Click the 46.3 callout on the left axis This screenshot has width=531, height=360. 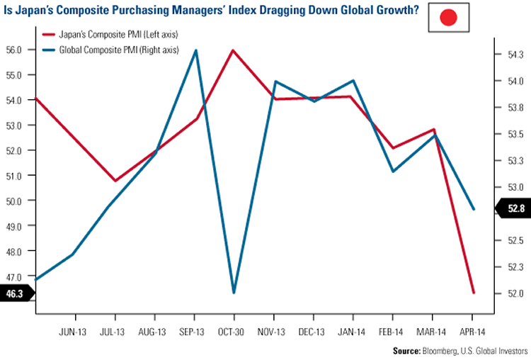point(15,292)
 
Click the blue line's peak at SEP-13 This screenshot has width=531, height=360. point(195,50)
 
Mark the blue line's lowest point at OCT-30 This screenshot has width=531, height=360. point(233,293)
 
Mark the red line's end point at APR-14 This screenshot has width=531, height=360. point(473,293)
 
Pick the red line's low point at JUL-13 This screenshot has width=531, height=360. point(115,181)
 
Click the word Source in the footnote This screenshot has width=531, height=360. point(408,351)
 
